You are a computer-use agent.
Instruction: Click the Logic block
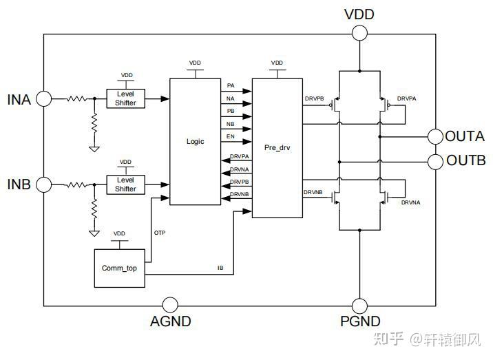tap(196, 141)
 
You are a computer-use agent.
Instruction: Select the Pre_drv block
tap(276, 147)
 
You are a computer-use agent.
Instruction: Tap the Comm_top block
tap(119, 267)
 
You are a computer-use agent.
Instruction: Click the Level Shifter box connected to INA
tap(125, 98)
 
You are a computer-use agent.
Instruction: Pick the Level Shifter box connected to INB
tap(125, 184)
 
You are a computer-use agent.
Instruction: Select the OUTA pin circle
tap(435, 136)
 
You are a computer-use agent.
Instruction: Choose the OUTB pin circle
tap(435, 161)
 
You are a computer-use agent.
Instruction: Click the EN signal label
tap(231, 136)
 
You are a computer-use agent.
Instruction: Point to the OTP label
tap(159, 233)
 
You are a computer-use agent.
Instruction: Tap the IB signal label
tap(220, 268)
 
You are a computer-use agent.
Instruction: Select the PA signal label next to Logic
tap(231, 85)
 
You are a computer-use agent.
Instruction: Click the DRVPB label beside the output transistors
tap(314, 98)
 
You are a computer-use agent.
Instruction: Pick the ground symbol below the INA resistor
tap(94, 148)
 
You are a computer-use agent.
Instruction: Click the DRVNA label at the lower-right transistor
tap(410, 203)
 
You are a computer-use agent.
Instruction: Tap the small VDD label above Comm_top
tap(119, 234)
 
